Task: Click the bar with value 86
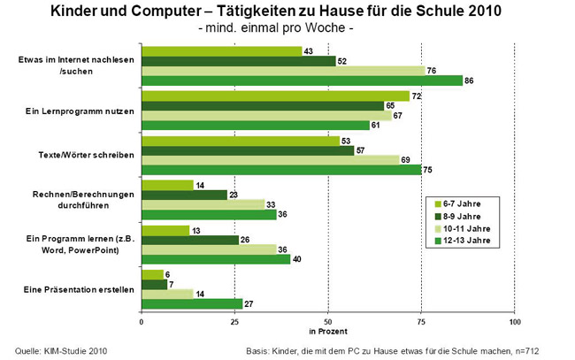pos(302,80)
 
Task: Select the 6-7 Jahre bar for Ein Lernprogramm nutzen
pos(275,96)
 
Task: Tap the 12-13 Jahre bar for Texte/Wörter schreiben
pos(281,170)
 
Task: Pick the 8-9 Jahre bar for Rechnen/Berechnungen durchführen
pos(184,195)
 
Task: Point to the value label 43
pos(309,50)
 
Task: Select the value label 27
pos(249,304)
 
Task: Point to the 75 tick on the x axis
pos(421,321)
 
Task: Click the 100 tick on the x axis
pos(515,321)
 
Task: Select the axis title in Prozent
pos(327,331)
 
